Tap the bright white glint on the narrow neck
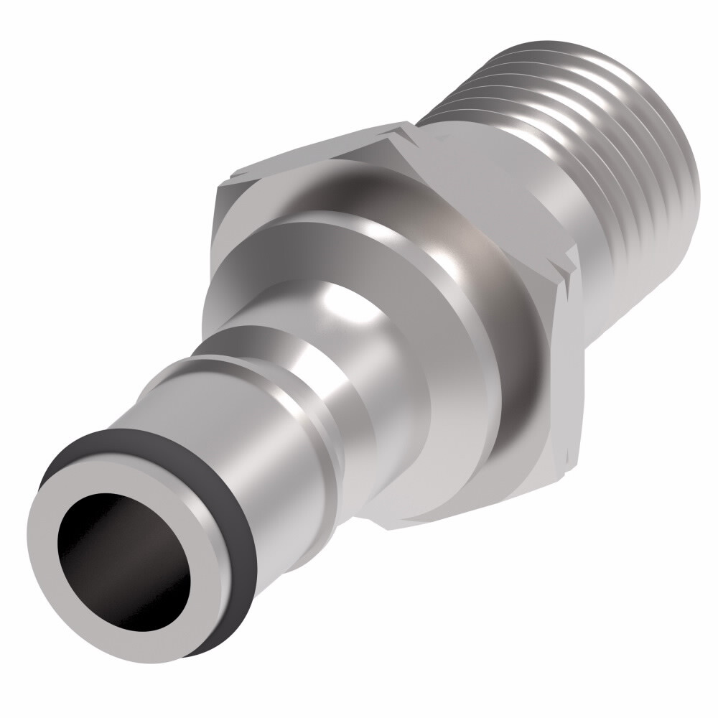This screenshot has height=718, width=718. [337, 287]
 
